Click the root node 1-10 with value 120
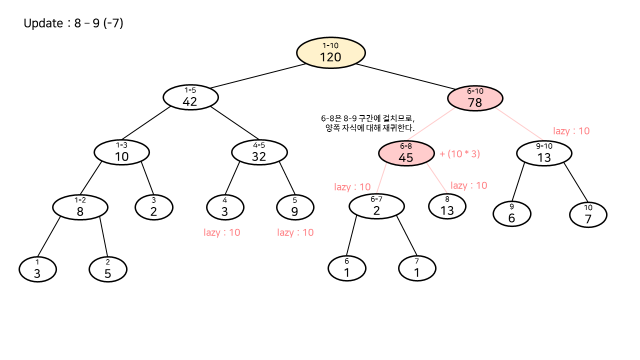click(x=330, y=52)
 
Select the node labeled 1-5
click(x=190, y=97)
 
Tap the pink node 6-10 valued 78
click(x=475, y=98)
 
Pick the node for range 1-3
click(x=121, y=152)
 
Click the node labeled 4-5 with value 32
click(x=259, y=152)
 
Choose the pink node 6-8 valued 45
click(x=406, y=153)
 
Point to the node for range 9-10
click(x=543, y=153)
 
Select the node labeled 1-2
click(x=80, y=207)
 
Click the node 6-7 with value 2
click(x=376, y=206)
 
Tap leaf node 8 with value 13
click(x=447, y=206)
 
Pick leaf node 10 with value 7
click(x=588, y=215)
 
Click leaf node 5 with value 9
click(x=295, y=207)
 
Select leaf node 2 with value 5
click(x=107, y=270)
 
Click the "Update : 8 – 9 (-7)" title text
click(x=73, y=23)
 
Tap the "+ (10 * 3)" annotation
click(x=459, y=154)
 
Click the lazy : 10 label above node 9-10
click(x=571, y=131)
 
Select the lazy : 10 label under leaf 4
click(x=222, y=232)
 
